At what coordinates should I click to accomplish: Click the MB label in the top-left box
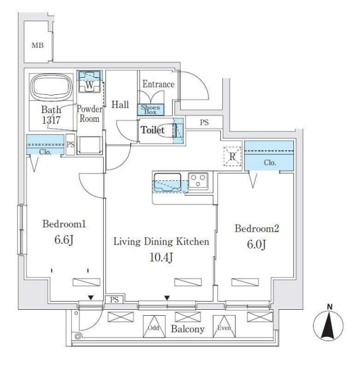pyautogui.click(x=38, y=45)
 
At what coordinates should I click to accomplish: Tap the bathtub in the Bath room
pyautogui.click(x=51, y=87)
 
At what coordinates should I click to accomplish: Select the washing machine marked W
pyautogui.click(x=89, y=84)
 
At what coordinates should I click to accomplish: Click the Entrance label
pyautogui.click(x=158, y=84)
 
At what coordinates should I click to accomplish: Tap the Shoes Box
pyautogui.click(x=150, y=109)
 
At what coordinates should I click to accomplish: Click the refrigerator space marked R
pyautogui.click(x=232, y=156)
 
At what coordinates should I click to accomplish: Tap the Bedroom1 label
pyautogui.click(x=65, y=224)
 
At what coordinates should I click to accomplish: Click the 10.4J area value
pyautogui.click(x=161, y=257)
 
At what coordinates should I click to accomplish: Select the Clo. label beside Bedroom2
pyautogui.click(x=269, y=163)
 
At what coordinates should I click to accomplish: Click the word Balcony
pyautogui.click(x=188, y=329)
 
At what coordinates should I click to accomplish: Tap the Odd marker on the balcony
pyautogui.click(x=153, y=328)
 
